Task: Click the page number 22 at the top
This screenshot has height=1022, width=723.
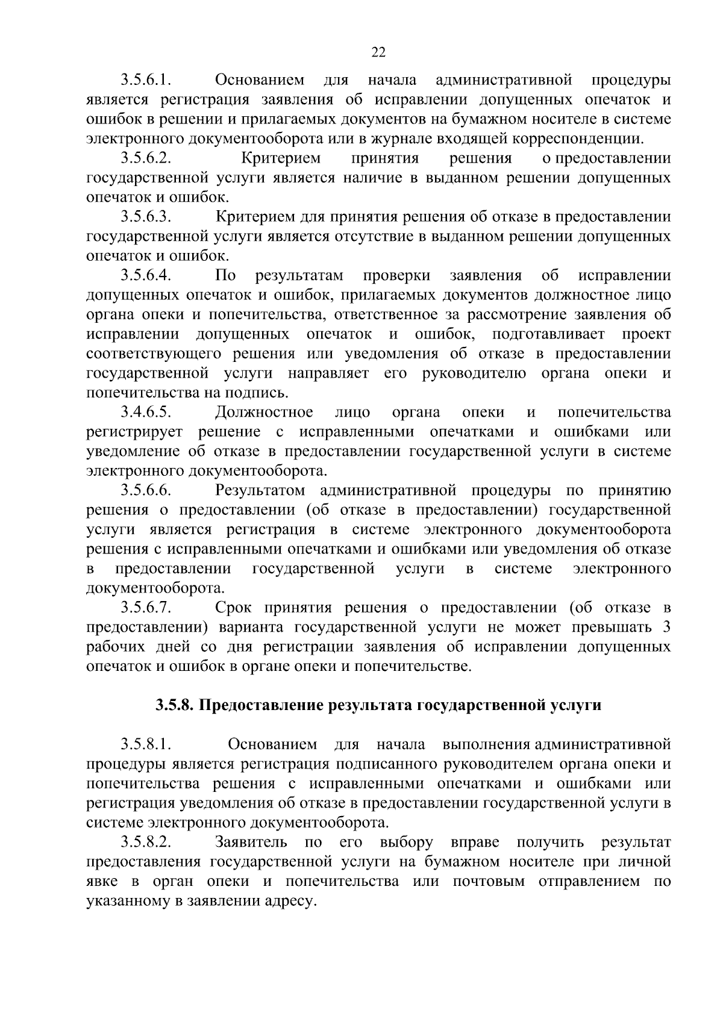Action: [378, 52]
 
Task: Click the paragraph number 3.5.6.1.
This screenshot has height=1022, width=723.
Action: [146, 80]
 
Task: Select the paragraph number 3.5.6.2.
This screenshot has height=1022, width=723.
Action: [146, 158]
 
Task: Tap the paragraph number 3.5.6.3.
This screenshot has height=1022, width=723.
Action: [146, 217]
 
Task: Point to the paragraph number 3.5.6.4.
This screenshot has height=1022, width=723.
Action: [146, 276]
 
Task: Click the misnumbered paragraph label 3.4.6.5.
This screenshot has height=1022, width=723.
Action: [146, 413]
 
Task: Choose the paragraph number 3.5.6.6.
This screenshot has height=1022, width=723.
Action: [146, 491]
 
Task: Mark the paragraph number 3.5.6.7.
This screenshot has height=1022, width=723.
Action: [146, 608]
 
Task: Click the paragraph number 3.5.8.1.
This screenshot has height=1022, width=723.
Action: [146, 744]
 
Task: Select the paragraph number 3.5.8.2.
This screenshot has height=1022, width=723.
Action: [146, 842]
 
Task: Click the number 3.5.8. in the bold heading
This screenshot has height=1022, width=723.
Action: [174, 705]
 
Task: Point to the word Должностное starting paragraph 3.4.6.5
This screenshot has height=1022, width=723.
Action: [264, 413]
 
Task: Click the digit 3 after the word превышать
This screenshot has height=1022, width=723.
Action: [666, 627]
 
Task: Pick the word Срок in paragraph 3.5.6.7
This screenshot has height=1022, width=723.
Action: [233, 608]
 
